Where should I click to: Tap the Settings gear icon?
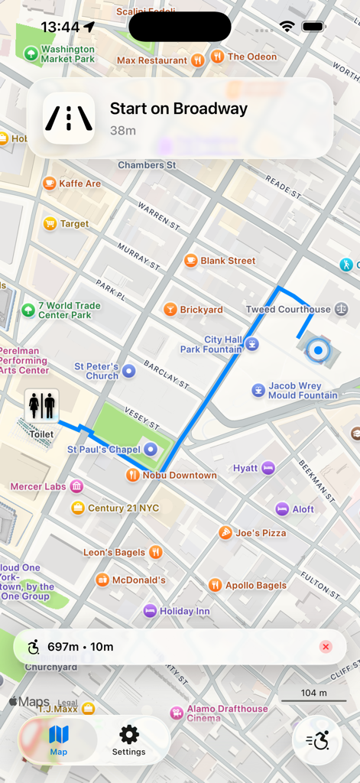tap(129, 735)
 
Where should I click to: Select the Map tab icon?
tap(59, 735)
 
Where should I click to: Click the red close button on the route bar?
tap(326, 647)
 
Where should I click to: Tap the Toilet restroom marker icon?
tap(41, 405)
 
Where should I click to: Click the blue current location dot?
tap(316, 351)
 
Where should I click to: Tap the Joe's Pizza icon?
tap(225, 533)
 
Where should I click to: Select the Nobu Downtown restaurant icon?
tap(133, 475)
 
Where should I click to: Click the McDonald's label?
tap(139, 580)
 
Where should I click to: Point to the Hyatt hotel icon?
tap(268, 468)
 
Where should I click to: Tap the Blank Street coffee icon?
tap(190, 261)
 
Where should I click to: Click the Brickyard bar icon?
tap(170, 310)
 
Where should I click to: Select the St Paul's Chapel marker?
tap(151, 450)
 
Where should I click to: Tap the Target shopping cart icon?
tap(50, 224)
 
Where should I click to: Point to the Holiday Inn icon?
tap(150, 611)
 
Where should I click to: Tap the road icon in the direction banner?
tap(69, 118)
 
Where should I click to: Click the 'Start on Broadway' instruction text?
tap(179, 109)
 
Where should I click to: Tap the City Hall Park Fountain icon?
tap(252, 345)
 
